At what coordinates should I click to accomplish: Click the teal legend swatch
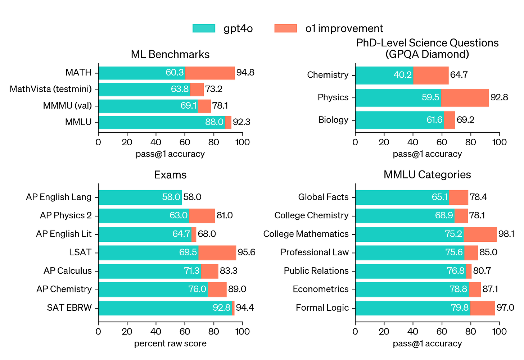point(204,28)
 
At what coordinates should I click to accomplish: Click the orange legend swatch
point(285,28)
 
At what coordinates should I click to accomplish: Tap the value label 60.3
point(175,73)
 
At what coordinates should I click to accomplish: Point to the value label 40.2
point(402,75)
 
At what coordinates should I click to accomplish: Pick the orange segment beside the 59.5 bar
point(465,98)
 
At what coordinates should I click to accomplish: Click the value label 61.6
point(434,120)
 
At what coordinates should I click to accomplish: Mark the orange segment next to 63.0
point(202,216)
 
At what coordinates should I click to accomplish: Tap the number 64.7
point(181,234)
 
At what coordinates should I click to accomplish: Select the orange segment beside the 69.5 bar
point(218,253)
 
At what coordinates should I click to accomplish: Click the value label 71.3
point(191,271)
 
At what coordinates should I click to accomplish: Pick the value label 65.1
point(439,197)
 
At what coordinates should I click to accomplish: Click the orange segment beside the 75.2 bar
point(480,234)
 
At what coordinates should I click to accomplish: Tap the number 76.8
point(456,271)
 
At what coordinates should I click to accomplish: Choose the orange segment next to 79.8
point(483,308)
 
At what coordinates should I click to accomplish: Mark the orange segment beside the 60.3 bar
point(210,73)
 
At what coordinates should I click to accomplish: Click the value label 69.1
point(189,106)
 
